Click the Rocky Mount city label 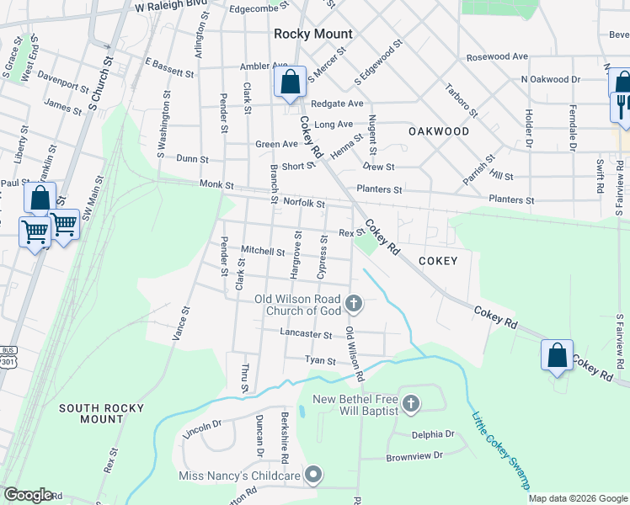coord(313,34)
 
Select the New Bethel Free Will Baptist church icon coord(410,405)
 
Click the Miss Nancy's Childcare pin coord(313,476)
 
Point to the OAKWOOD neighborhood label coord(438,131)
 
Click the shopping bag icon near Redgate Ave coord(290,82)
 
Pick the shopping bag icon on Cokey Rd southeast coord(558,355)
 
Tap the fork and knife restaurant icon coord(622,107)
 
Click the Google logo coord(27,495)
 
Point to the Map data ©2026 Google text coord(578,498)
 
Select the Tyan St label coord(320,360)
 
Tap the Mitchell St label coord(263,251)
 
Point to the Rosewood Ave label coord(497,56)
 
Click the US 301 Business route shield coord(8,357)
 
